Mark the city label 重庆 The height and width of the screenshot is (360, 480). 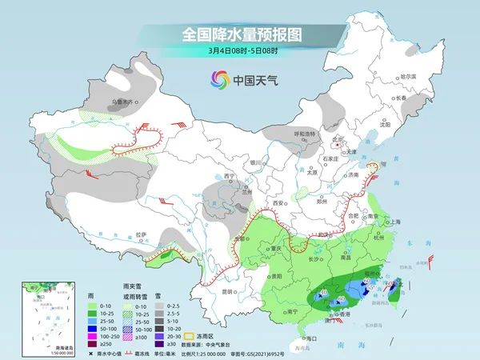[277, 249]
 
